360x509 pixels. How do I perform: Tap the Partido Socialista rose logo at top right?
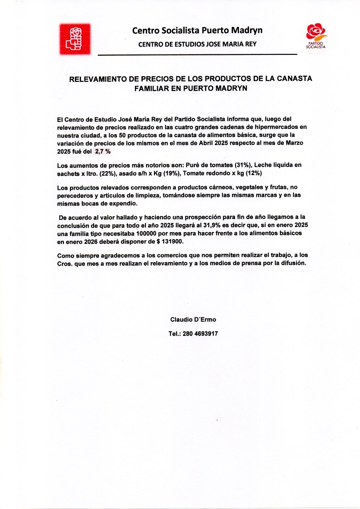[316, 35]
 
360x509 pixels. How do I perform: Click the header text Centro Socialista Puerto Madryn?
[197, 30]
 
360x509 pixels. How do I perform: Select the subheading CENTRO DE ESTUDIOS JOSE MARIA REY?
[197, 44]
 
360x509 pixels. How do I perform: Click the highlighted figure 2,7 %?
[103, 151]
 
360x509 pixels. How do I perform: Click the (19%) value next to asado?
[173, 173]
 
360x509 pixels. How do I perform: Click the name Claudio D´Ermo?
[193, 320]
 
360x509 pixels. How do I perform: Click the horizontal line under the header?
[197, 55]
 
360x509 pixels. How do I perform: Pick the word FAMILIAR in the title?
[152, 88]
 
